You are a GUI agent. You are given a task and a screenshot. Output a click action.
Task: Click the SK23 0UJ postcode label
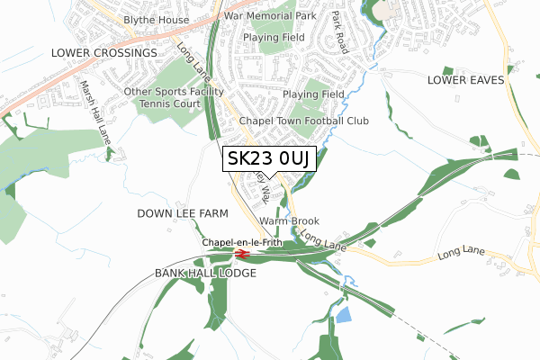pyautogui.click(x=269, y=158)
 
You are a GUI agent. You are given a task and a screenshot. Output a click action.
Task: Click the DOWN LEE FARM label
pyautogui.click(x=182, y=213)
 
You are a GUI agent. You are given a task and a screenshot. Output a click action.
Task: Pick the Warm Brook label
pyautogui.click(x=289, y=220)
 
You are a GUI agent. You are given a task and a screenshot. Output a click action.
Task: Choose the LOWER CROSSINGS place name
pyautogui.click(x=103, y=53)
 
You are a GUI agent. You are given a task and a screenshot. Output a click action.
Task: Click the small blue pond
pyautogui.click(x=343, y=314)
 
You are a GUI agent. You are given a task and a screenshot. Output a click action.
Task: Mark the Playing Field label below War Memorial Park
pyautogui.click(x=274, y=38)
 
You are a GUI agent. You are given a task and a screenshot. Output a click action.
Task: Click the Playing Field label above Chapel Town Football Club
pyautogui.click(x=313, y=94)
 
